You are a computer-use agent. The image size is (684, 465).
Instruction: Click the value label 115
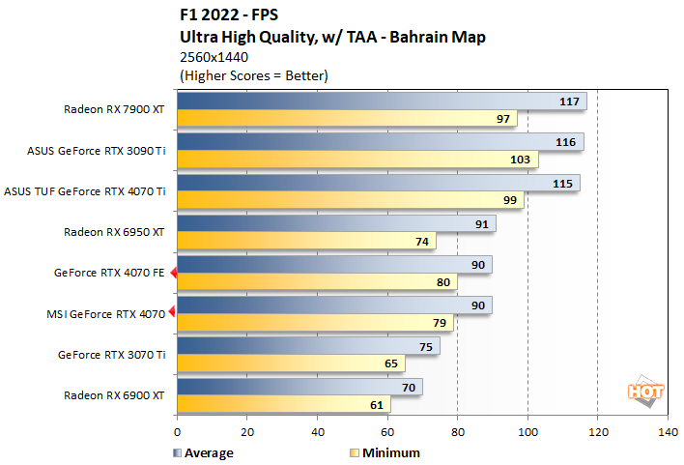tap(562, 183)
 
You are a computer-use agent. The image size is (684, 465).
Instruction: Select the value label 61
tap(375, 404)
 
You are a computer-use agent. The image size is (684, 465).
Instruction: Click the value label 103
tap(522, 160)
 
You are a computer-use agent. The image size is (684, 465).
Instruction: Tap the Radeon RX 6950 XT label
tap(115, 232)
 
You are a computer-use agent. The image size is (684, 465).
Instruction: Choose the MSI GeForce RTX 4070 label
tap(105, 313)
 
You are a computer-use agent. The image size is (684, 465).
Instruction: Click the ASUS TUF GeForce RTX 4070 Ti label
tap(86, 191)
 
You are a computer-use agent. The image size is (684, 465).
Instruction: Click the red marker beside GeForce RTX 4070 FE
tap(174, 274)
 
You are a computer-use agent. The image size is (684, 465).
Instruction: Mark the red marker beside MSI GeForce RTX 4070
tap(173, 311)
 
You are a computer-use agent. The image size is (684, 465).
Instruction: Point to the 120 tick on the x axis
tap(597, 432)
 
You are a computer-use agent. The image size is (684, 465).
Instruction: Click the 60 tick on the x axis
tap(387, 432)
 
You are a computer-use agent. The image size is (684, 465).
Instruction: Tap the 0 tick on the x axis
tap(178, 432)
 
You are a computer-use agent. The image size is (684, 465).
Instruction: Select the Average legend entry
tap(203, 451)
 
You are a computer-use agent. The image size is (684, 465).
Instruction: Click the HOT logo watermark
tap(645, 391)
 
